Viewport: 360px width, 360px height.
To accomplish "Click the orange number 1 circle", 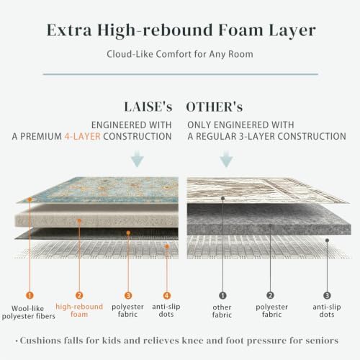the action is [30, 295].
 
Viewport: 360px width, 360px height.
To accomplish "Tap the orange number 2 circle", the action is [79, 295].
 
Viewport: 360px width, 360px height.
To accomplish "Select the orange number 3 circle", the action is [128, 295].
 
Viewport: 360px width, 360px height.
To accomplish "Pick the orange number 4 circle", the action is [167, 295].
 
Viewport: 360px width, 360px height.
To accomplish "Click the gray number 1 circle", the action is [222, 295].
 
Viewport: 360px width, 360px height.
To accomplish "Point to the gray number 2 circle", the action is [271, 295].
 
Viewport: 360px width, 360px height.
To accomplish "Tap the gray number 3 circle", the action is [327, 295].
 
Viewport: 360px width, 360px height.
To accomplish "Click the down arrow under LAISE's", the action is [138, 158].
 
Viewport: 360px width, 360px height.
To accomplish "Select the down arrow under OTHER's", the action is [226, 158].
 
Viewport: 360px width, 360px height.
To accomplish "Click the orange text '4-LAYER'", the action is [82, 136].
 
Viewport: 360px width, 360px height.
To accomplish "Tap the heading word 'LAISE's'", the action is [148, 107].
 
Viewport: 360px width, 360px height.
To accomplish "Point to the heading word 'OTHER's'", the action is [215, 107].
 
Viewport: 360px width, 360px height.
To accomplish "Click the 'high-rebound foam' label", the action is [79, 310].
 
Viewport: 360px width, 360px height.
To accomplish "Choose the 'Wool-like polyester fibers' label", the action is [29, 312].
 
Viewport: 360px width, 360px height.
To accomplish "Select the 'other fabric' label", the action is [222, 311].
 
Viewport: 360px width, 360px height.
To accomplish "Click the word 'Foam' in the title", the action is [240, 30].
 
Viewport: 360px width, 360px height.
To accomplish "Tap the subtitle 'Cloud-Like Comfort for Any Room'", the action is [180, 54].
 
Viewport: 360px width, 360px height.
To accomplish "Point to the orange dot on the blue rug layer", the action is [30, 199].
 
